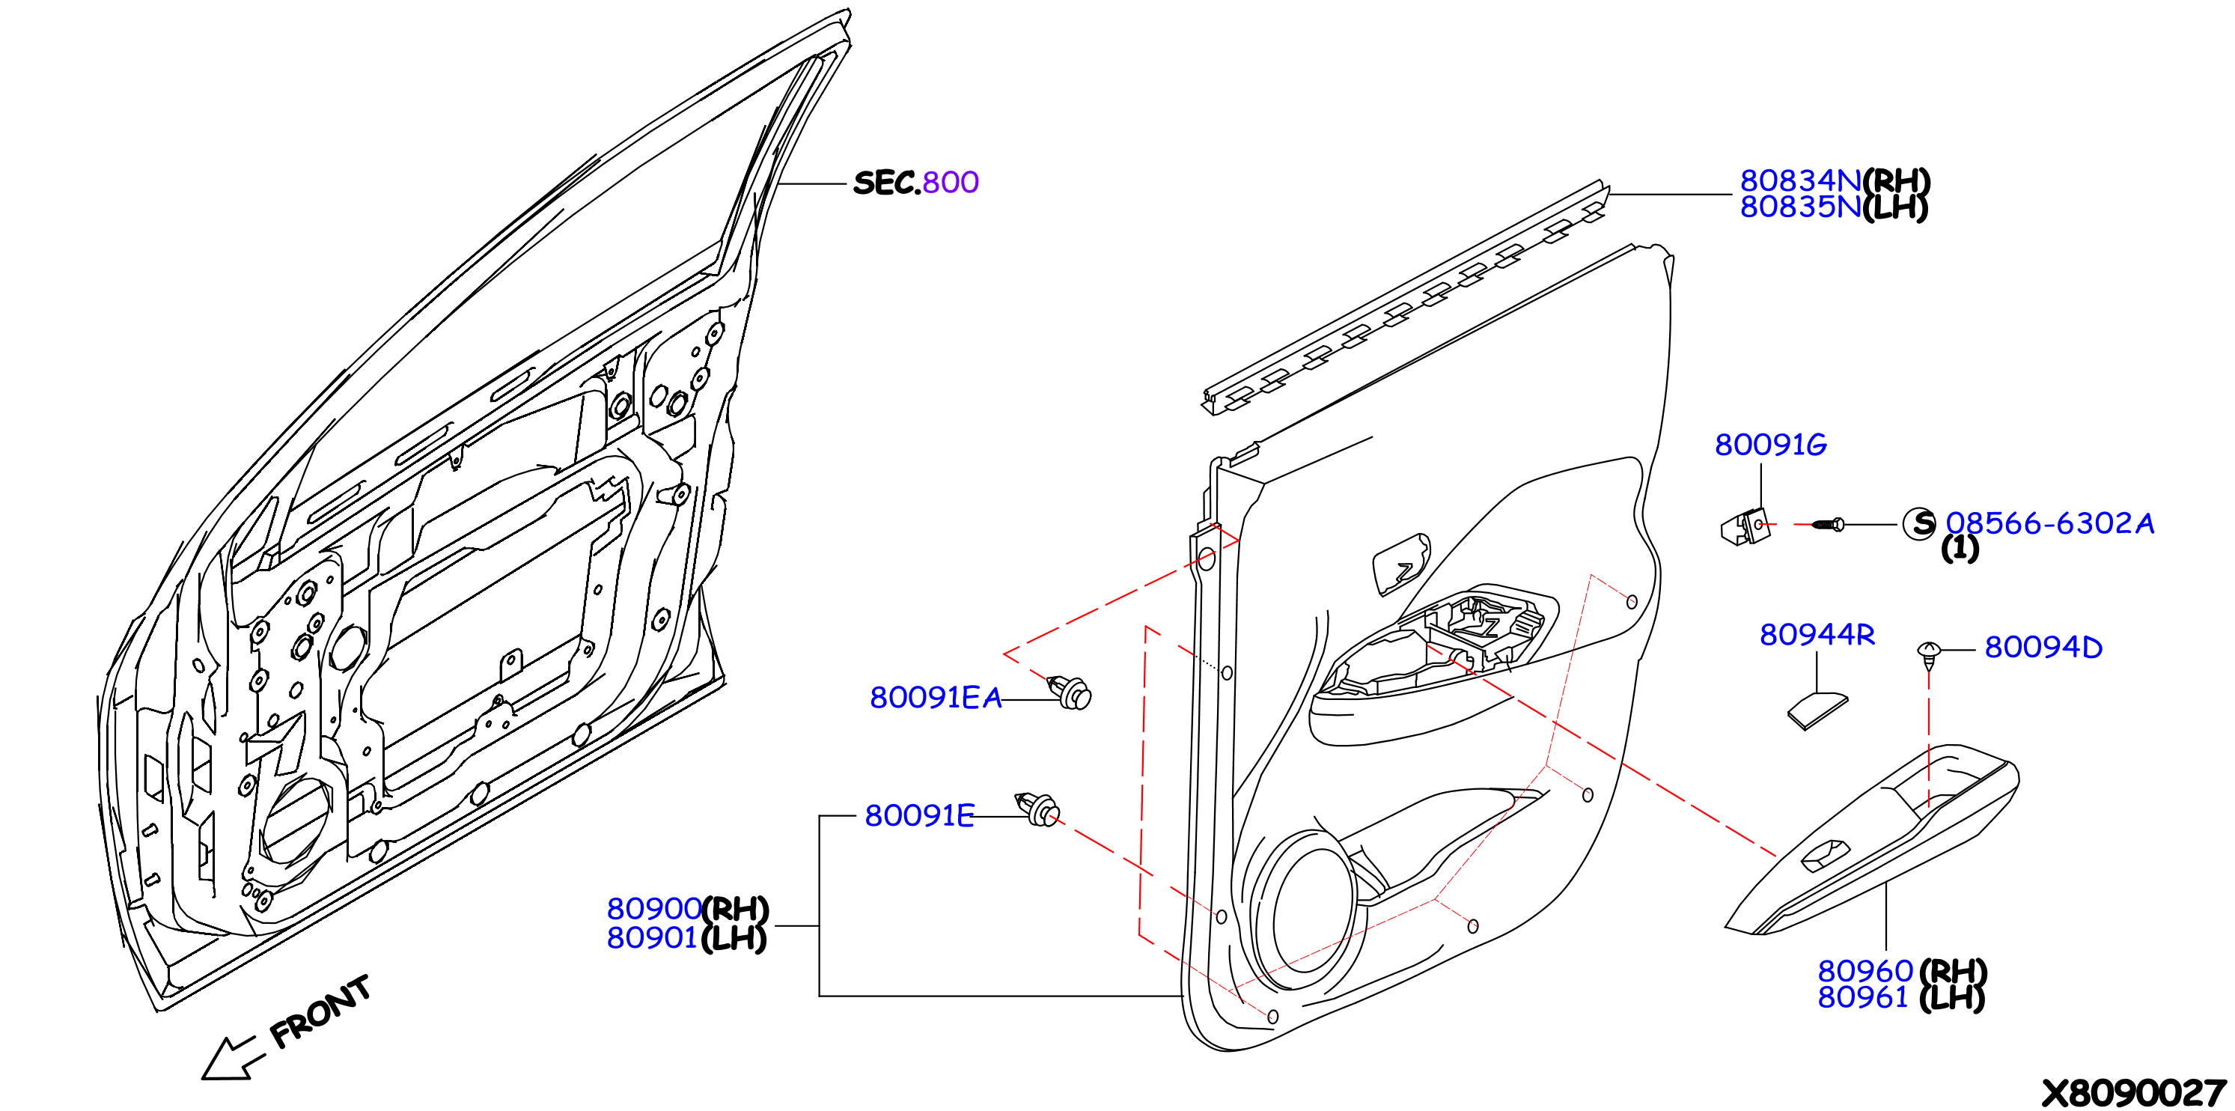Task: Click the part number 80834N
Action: [x=1800, y=180]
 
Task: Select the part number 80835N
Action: [x=1800, y=207]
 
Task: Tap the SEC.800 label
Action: [x=916, y=182]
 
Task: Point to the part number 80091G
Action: [x=1771, y=445]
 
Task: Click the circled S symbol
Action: [x=1919, y=523]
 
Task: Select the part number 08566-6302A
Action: [x=2049, y=523]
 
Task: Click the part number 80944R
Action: [x=1817, y=635]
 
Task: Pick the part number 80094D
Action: [x=2043, y=648]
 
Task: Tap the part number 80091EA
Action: [x=936, y=698]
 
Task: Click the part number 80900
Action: [x=654, y=909]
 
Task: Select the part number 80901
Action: [x=653, y=938]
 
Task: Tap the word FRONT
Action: [x=320, y=1012]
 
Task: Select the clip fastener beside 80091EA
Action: [x=1072, y=693]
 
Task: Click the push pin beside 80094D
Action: [x=1928, y=655]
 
